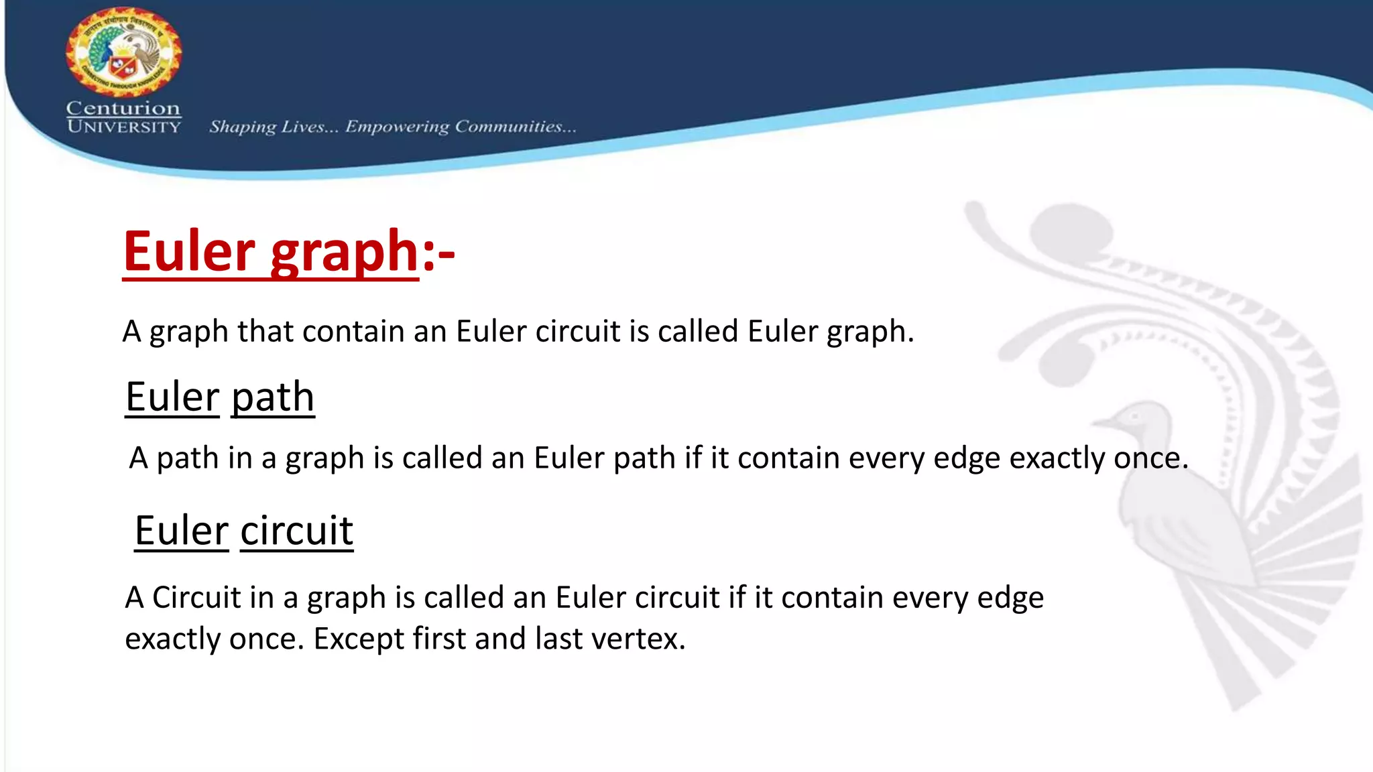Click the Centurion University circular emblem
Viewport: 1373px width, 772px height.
(123, 52)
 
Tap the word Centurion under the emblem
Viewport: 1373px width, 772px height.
(123, 108)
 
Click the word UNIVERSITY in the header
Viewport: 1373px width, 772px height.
(123, 127)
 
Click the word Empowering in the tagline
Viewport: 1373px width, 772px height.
(397, 127)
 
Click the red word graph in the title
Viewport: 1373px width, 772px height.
(345, 253)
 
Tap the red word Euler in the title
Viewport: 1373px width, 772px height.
(189, 251)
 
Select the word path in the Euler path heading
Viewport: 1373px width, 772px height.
(273, 397)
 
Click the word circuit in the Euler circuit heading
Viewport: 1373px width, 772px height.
(296, 531)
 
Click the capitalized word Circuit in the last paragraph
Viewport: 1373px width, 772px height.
(196, 597)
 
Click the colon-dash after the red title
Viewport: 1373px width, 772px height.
(438, 254)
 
